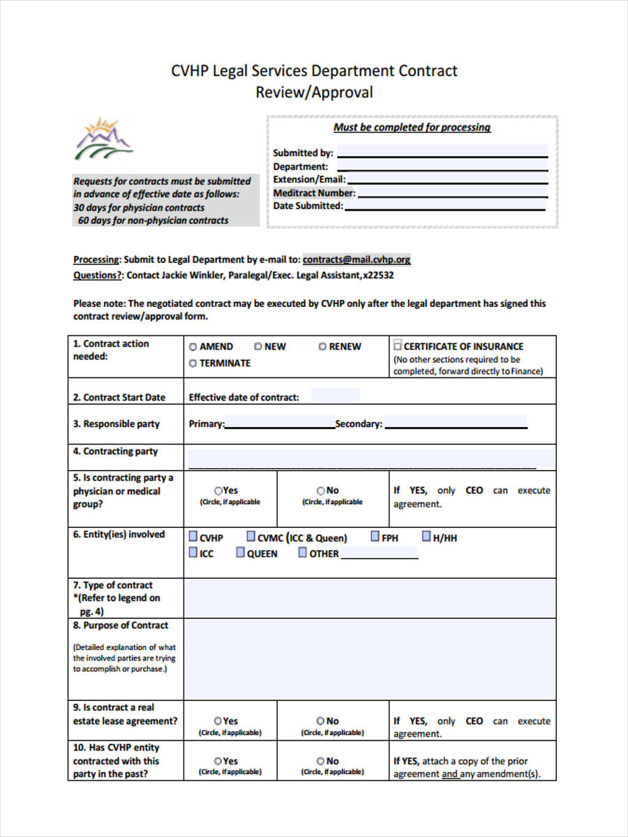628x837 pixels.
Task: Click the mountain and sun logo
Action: pos(103,139)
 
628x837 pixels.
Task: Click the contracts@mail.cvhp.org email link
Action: pos(357,259)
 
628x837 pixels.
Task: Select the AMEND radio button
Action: pos(193,347)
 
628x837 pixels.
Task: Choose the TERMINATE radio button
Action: pos(193,363)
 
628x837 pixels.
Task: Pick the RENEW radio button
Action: pos(322,347)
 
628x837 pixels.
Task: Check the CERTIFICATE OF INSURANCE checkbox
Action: pos(398,345)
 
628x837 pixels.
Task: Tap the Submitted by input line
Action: pos(442,153)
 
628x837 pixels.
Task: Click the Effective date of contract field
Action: pos(335,396)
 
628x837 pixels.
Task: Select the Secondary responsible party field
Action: pos(456,423)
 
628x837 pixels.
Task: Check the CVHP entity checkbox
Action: pos(193,537)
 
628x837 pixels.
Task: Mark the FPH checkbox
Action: pos(375,537)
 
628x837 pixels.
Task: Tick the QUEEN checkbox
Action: pos(240,552)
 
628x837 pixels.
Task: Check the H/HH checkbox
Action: pos(426,537)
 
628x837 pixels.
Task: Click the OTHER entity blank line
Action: pos(379,553)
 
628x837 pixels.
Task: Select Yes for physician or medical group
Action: pos(218,491)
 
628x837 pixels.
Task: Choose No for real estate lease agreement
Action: pos(320,721)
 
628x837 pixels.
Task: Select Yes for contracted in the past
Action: pos(218,762)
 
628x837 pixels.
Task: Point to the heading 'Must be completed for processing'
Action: pos(412,127)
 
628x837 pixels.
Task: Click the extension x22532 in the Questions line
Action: pos(378,276)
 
